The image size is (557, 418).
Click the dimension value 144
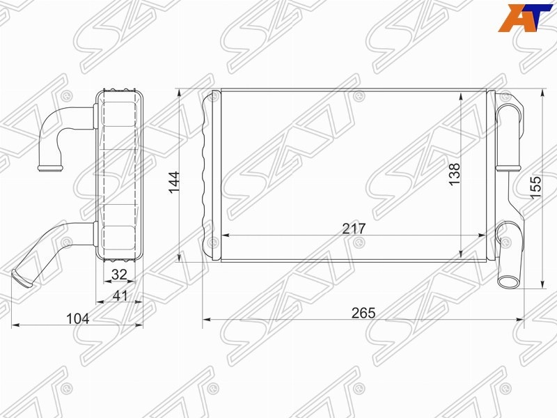pyautogui.click(x=174, y=183)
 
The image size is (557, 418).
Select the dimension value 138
pyautogui.click(x=455, y=173)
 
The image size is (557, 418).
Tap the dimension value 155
pyautogui.click(x=535, y=187)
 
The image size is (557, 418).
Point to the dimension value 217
pyautogui.click(x=354, y=229)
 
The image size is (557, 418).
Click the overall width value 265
pyautogui.click(x=363, y=313)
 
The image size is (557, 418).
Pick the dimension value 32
pyautogui.click(x=119, y=274)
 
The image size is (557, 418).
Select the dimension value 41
pyautogui.click(x=120, y=295)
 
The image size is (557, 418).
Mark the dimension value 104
pyautogui.click(x=78, y=319)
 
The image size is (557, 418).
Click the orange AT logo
pyautogui.click(x=526, y=18)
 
